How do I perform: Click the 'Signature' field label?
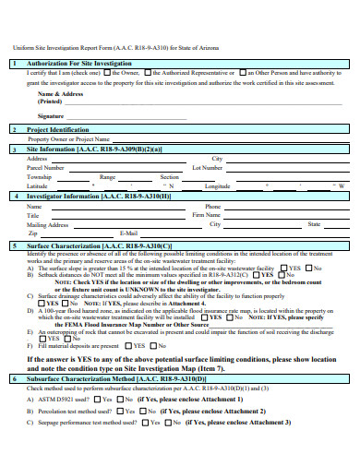pyautogui.click(x=51, y=116)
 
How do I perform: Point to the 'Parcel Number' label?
pyautogui.click(x=46, y=168)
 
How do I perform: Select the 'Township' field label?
pyautogui.click(x=41, y=177)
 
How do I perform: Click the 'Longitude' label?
pyautogui.click(x=218, y=186)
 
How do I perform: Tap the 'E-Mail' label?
pyautogui.click(x=128, y=233)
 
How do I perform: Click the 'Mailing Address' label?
pyautogui.click(x=48, y=224)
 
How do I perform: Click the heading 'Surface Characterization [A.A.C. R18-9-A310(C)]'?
pyautogui.click(x=99, y=246)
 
